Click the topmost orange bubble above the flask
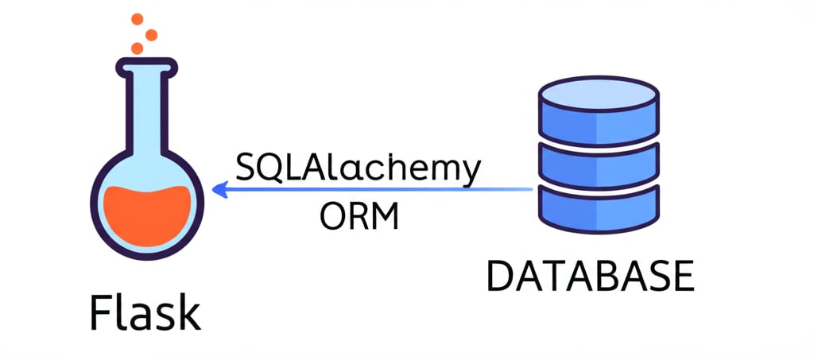pos(137,18)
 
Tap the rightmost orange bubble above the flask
pos(151,35)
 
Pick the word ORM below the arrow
pos(359,216)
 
